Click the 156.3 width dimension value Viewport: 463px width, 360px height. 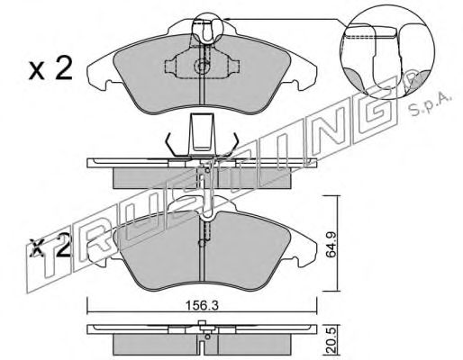pyautogui.click(x=201, y=306)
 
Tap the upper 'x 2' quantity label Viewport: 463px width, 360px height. pyautogui.click(x=50, y=69)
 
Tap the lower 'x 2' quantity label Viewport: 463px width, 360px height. pyautogui.click(x=50, y=247)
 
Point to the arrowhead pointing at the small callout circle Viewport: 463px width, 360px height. pyautogui.click(x=227, y=19)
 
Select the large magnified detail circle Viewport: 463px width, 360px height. pyautogui.click(x=387, y=53)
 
